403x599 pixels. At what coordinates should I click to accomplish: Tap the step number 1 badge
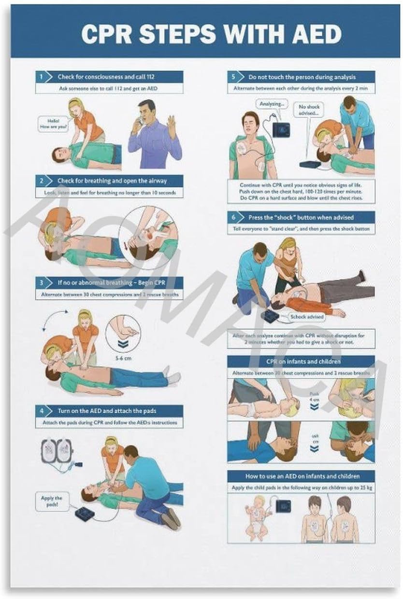tap(42, 76)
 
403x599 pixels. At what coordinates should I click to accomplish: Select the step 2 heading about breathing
tap(112, 181)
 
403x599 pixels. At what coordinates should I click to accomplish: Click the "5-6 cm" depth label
tap(123, 358)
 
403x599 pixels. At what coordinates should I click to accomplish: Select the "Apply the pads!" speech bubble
tap(51, 501)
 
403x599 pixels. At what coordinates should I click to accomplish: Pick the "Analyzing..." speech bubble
tap(272, 103)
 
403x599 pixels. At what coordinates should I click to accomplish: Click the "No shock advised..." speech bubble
tap(309, 110)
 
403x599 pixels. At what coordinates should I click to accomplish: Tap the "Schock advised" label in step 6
tap(307, 317)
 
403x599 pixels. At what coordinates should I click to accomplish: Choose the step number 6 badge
tap(233, 217)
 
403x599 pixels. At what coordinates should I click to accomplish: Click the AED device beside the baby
tap(283, 505)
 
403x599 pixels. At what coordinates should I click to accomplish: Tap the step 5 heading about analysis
tap(302, 77)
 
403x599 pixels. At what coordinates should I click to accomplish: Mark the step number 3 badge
tap(42, 282)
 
